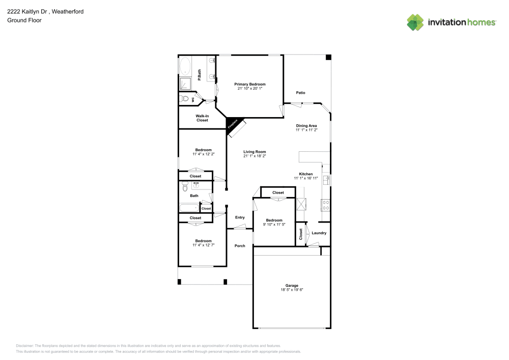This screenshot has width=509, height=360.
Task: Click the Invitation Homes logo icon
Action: coord(415,22)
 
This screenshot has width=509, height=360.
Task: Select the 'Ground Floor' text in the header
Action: coord(24,20)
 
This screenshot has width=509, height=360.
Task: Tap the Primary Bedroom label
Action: coord(249,84)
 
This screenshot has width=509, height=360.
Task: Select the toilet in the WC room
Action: coord(184,99)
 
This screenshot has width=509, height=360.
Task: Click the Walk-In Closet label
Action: coord(202,118)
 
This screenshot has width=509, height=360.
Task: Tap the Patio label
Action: coord(301,93)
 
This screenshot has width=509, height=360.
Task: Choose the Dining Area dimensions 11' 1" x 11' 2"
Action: coord(306,130)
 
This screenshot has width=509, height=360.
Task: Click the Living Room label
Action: coord(254,152)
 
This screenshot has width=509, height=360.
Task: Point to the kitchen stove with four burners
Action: coord(326,205)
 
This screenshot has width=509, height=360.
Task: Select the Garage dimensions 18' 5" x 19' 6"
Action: coord(292,290)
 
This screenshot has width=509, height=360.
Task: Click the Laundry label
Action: coord(319,233)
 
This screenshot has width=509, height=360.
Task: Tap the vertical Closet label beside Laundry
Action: coord(301,234)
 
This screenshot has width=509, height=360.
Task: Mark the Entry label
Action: coord(240,217)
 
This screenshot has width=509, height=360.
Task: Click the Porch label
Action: coord(240,246)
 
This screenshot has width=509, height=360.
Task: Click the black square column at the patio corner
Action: coord(328,57)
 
